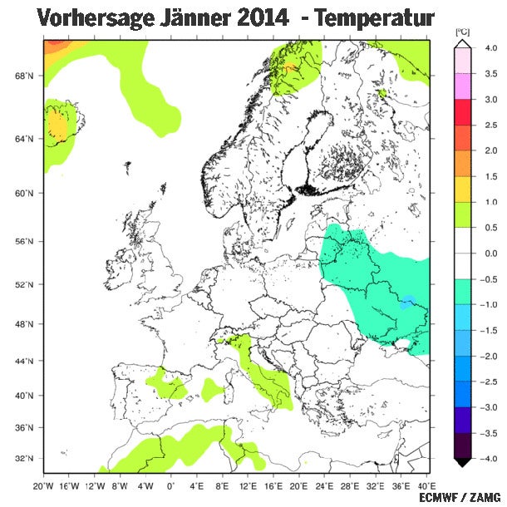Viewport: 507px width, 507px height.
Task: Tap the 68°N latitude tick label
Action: [x=25, y=76]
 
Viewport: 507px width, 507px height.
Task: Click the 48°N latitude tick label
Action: [x=25, y=323]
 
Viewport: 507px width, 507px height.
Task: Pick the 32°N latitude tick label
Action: [x=25, y=459]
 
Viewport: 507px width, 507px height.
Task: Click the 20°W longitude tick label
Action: [x=43, y=485]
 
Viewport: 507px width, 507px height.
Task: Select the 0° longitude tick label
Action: [x=170, y=485]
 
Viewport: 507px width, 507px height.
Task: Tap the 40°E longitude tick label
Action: [x=422, y=485]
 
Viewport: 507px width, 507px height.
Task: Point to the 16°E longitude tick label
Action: [x=271, y=485]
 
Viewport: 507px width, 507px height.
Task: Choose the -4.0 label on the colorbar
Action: [x=490, y=459]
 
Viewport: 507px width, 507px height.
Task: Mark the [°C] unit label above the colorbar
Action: [x=463, y=32]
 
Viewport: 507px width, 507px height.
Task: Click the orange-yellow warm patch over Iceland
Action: [x=57, y=125]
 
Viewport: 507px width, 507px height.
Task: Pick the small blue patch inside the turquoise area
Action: [x=406, y=302]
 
